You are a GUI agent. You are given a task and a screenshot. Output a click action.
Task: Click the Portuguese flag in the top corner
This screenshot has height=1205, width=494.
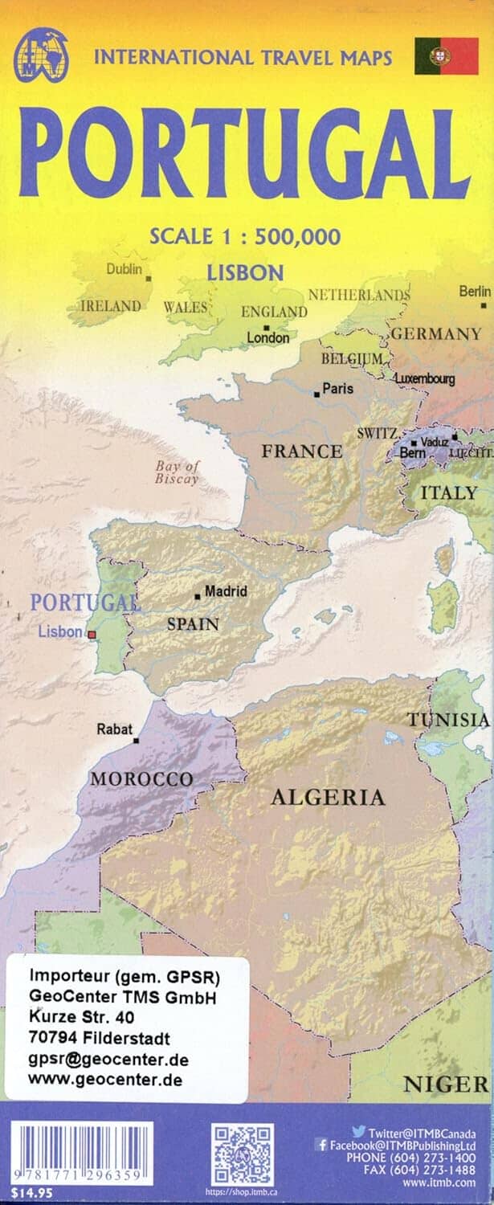pyautogui.click(x=447, y=55)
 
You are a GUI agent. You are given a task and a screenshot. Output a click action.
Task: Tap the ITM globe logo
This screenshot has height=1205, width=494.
pyautogui.click(x=41, y=55)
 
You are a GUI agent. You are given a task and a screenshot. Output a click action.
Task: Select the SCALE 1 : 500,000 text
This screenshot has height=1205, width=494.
pyautogui.click(x=245, y=236)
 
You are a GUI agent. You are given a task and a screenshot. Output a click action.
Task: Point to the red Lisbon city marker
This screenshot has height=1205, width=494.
pyautogui.click(x=92, y=635)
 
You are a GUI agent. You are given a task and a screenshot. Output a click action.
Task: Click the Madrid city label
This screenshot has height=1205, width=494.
pyautogui.click(x=226, y=591)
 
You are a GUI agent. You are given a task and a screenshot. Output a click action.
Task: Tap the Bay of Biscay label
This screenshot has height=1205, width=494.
pyautogui.click(x=177, y=472)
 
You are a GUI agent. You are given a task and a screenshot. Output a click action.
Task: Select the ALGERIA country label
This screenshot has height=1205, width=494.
pyautogui.click(x=328, y=798)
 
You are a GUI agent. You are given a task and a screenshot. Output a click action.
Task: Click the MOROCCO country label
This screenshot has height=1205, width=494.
pyautogui.click(x=141, y=778)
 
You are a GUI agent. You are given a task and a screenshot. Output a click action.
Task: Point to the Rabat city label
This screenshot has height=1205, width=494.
pyautogui.click(x=114, y=729)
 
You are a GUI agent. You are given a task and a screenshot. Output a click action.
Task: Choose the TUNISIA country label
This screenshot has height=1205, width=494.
pyautogui.click(x=449, y=719)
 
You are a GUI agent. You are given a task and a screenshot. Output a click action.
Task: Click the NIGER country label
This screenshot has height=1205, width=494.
pyautogui.click(x=445, y=1084)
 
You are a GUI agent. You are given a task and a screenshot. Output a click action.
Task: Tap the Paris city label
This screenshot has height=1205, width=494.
pyautogui.click(x=337, y=389)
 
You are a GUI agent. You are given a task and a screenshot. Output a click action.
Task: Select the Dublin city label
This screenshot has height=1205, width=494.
pyautogui.click(x=125, y=269)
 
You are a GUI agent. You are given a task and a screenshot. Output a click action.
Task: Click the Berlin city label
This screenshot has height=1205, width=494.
pyautogui.click(x=475, y=291)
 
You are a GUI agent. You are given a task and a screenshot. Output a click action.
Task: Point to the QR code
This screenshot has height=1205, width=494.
pyautogui.click(x=242, y=1154)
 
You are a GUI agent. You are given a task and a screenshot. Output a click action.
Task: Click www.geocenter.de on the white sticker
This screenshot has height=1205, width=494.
pyautogui.click(x=104, y=1079)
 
